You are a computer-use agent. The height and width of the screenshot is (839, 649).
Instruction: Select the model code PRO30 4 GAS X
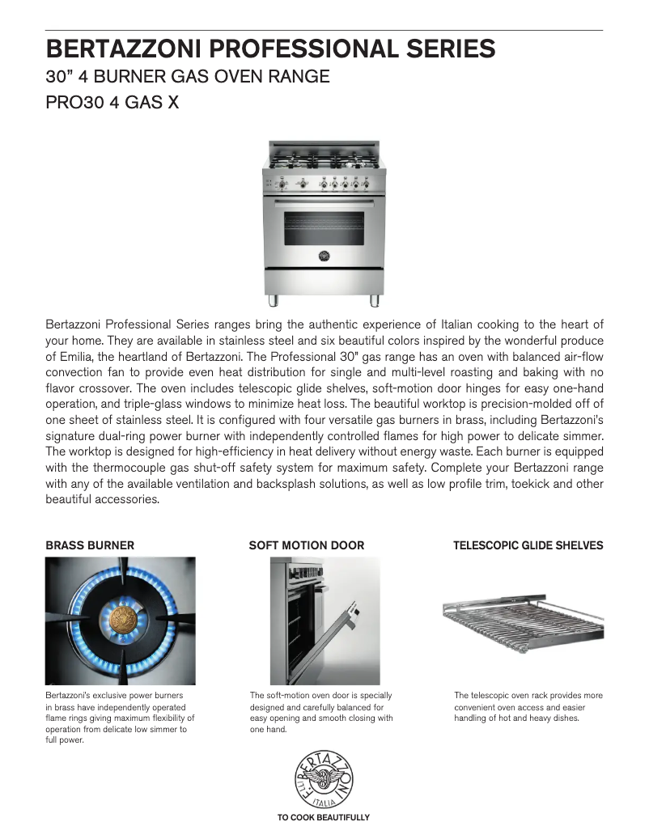point(112,104)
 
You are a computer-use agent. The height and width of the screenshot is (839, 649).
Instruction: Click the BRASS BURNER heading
point(90,545)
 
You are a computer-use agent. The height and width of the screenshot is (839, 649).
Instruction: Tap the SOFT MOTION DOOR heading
point(306,545)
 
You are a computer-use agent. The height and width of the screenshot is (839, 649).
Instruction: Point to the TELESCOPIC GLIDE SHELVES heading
point(528,545)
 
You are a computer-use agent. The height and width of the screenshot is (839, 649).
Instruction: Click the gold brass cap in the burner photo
point(121,619)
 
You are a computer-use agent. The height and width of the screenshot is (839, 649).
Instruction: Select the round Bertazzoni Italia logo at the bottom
point(324,778)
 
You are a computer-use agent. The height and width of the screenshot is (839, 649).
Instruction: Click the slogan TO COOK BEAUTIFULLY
point(324,818)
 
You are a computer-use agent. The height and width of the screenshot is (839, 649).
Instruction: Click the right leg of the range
point(375,301)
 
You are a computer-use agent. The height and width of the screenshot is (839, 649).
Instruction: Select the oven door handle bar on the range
point(324,201)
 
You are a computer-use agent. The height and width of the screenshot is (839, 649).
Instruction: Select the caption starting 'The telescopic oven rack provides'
point(528,706)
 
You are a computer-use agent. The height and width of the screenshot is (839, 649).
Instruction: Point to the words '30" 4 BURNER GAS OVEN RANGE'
point(188,78)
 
